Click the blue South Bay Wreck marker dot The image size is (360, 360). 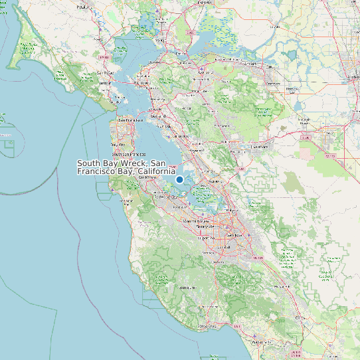coord(179,179)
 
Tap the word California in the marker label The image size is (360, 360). coord(156,171)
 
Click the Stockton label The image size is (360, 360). coord(351,76)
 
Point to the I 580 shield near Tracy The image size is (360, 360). coord(306,137)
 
